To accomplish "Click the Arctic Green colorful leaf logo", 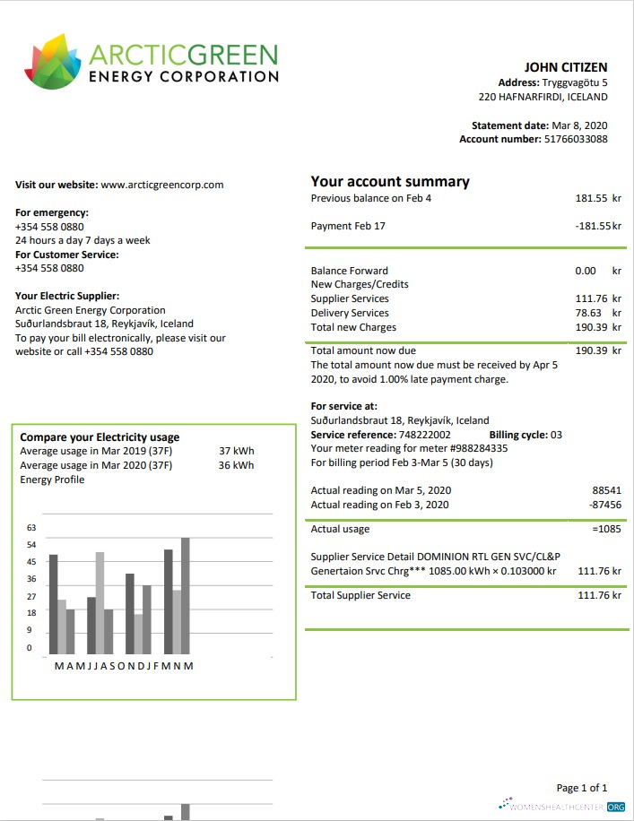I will [x=53, y=64].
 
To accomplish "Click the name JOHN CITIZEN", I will [x=565, y=67].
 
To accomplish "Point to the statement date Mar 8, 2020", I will [x=579, y=125].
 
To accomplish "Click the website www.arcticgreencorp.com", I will [x=161, y=185].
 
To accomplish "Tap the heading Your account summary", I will [x=389, y=182].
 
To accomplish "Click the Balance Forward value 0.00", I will [x=586, y=270].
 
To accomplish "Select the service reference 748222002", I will [x=419, y=435].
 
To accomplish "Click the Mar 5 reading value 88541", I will [x=606, y=490].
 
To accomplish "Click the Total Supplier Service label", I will [x=360, y=595].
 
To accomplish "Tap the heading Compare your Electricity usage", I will [x=100, y=437].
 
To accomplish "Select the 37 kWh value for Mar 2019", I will [x=236, y=451].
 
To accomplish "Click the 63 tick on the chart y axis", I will [x=31, y=528].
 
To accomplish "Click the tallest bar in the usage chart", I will [x=186, y=595].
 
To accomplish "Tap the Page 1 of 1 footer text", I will [x=581, y=788].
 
